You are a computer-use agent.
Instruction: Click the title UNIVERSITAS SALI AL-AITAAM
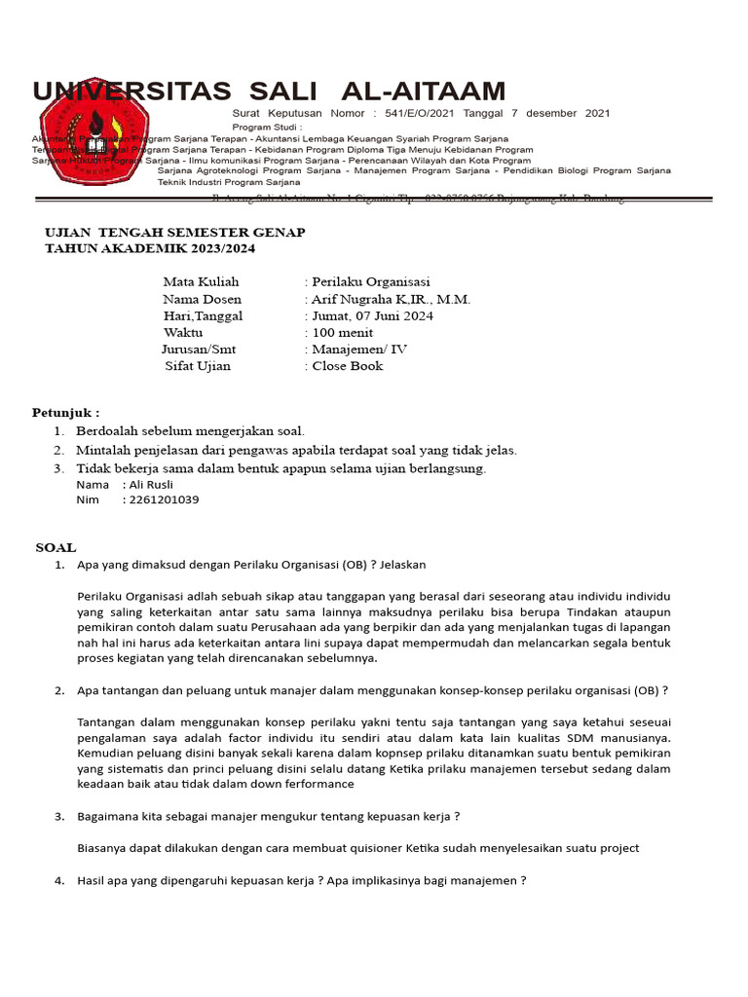(269, 92)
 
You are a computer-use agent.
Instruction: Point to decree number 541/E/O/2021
(424, 114)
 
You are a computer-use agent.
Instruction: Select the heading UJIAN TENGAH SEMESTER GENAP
(175, 233)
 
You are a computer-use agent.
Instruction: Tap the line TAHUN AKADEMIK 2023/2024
(151, 249)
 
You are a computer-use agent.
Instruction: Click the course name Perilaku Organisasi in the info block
(371, 282)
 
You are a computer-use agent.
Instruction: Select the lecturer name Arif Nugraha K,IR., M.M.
(391, 299)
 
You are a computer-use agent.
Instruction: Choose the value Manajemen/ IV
(359, 350)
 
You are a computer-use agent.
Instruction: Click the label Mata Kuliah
(201, 282)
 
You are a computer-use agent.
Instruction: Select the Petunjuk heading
(65, 413)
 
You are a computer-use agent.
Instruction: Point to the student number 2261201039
(162, 499)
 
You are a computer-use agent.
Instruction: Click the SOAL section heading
(56, 548)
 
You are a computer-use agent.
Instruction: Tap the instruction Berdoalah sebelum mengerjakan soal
(191, 430)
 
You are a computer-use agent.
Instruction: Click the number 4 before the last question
(58, 880)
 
